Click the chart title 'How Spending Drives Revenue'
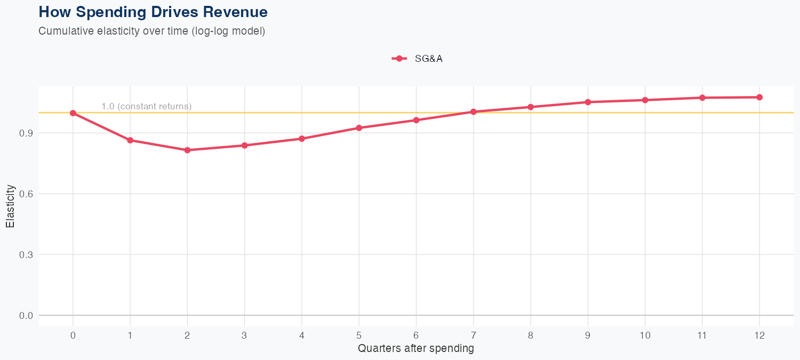point(153,12)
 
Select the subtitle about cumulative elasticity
point(151,31)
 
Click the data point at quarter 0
point(73,113)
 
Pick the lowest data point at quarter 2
point(187,150)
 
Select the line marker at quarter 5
point(359,128)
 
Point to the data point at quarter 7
point(473,112)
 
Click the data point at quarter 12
point(759,97)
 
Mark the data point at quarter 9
point(588,102)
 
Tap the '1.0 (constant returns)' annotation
point(146,107)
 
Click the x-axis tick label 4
point(302,335)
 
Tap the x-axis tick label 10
point(645,335)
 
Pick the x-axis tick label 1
point(130,335)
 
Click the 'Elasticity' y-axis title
point(10,206)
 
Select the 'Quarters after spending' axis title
point(415,349)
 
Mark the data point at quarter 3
point(245,146)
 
